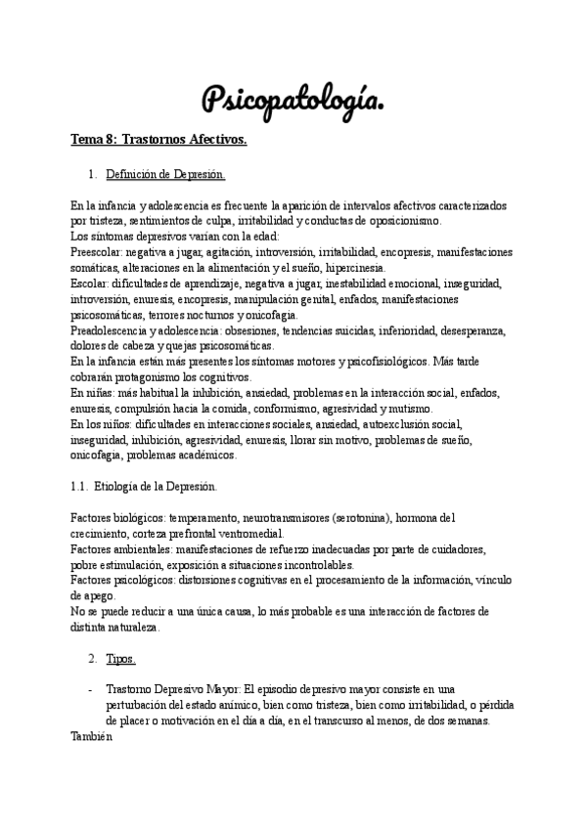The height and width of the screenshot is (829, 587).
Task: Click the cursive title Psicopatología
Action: coord(293,98)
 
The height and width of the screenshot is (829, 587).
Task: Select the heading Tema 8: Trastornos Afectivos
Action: coord(158,140)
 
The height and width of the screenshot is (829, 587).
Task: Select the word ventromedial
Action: coord(248,533)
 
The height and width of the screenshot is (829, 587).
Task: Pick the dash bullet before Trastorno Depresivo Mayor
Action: coord(90,689)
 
